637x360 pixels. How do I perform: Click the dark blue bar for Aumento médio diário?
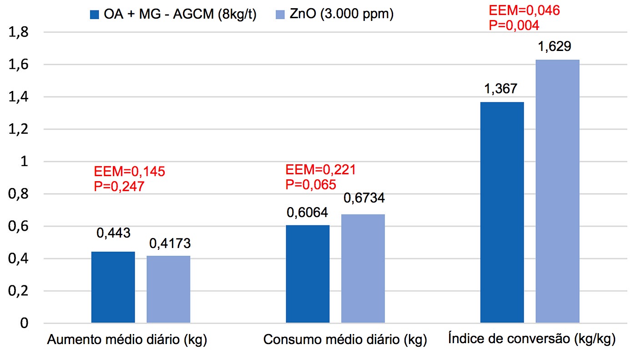[113, 287]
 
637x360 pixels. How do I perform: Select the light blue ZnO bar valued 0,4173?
[168, 289]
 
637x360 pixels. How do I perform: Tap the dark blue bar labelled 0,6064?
[308, 274]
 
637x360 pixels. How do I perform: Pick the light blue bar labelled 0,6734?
[363, 269]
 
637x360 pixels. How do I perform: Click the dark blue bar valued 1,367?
[502, 213]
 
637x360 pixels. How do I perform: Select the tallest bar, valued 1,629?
[557, 191]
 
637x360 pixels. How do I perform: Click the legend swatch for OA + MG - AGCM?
[95, 15]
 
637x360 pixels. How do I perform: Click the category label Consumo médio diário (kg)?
[345, 340]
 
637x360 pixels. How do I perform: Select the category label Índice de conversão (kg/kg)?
[531, 339]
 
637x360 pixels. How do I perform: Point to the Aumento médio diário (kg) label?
[127, 340]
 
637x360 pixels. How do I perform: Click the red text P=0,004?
[514, 25]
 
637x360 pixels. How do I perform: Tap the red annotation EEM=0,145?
[130, 172]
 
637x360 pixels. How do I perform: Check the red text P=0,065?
[311, 184]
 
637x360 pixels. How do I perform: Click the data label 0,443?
[113, 233]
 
